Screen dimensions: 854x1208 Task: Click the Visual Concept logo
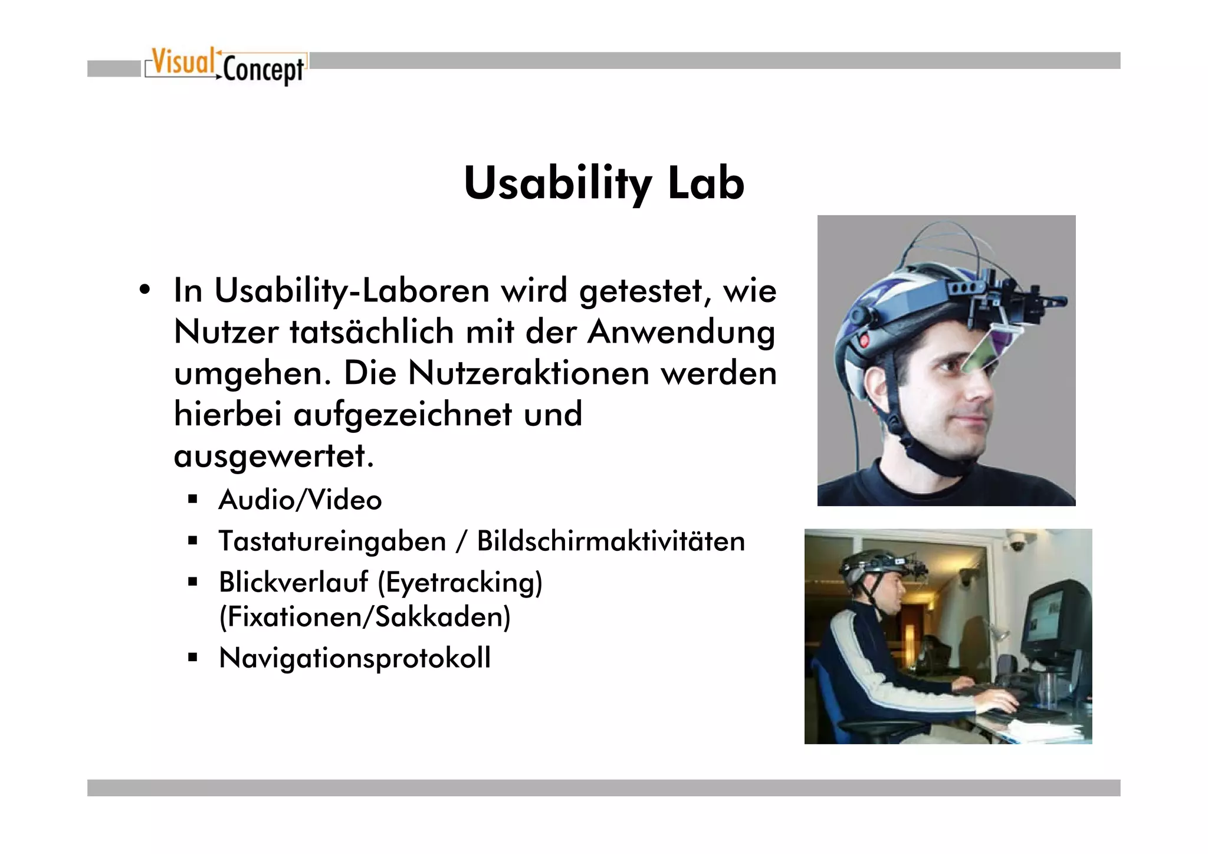pos(226,66)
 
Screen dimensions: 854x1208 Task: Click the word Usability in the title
pos(557,184)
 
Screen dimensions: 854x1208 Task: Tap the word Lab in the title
pos(705,184)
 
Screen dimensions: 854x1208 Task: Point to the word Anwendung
pos(681,332)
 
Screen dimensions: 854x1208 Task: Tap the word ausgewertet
pos(273,456)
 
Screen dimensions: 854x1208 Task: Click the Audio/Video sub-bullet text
pos(300,500)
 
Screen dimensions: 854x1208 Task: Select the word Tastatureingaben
pos(332,541)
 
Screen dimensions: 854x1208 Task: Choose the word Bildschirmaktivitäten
pos(610,541)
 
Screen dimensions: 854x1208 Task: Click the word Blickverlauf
pos(294,583)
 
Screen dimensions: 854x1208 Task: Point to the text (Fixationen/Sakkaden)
pos(365,617)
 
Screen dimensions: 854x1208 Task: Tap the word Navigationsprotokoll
pos(354,658)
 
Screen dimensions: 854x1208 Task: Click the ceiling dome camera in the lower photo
pos(1016,544)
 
